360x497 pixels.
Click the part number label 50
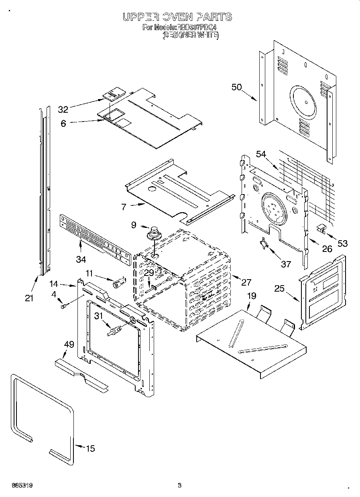(x=237, y=87)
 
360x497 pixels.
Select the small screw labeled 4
(x=63, y=306)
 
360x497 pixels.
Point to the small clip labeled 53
(x=321, y=229)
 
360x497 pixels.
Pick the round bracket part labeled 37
(x=264, y=243)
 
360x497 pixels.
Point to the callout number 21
(x=28, y=298)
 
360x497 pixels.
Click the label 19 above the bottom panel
(x=251, y=296)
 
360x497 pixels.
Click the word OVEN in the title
(x=177, y=17)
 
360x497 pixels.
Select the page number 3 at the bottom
(x=180, y=485)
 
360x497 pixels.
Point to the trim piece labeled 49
(x=81, y=373)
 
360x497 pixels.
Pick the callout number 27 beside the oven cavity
(x=246, y=282)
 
